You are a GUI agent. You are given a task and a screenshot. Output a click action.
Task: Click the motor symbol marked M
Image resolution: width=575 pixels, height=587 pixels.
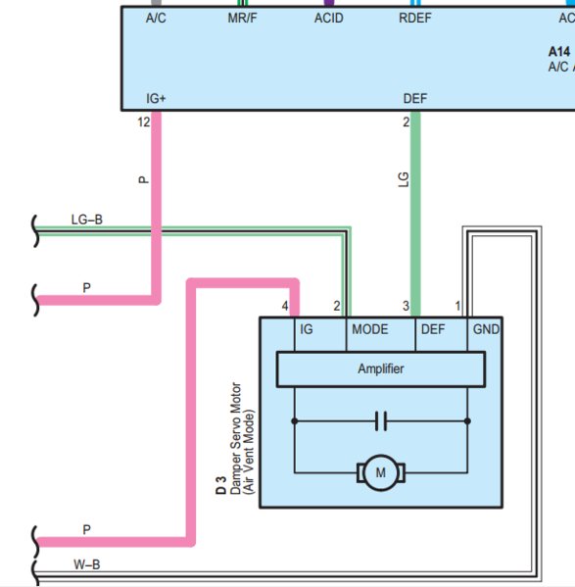(380, 472)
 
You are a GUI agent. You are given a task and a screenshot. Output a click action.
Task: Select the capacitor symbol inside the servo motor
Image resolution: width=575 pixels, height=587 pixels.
(381, 421)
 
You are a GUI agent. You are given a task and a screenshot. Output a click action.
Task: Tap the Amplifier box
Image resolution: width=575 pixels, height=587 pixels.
(381, 368)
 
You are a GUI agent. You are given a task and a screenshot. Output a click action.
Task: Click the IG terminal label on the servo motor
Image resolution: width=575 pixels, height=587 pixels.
(307, 329)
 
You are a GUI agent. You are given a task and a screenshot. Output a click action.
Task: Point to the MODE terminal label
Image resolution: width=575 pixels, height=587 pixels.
(370, 329)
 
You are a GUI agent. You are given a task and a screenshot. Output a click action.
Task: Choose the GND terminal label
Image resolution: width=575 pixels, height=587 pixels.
(486, 329)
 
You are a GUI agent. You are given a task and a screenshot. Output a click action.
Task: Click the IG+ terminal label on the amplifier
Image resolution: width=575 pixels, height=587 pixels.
(156, 98)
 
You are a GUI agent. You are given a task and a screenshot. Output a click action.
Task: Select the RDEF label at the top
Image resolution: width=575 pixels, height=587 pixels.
(415, 18)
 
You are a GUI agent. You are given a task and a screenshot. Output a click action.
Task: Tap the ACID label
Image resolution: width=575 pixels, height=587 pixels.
(328, 18)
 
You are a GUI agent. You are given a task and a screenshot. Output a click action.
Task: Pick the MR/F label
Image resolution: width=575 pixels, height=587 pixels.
(242, 18)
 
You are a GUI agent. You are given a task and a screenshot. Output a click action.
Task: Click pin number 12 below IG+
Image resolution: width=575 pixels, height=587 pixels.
(144, 122)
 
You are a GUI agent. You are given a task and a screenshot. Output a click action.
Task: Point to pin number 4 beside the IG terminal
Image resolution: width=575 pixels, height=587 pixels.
(285, 306)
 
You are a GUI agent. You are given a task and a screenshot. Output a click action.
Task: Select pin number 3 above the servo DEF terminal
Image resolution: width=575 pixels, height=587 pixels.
(406, 306)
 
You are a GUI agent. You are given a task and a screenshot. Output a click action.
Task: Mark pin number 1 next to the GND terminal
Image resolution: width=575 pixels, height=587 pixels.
(457, 306)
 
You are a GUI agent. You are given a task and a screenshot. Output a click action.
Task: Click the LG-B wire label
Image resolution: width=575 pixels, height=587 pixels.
(87, 220)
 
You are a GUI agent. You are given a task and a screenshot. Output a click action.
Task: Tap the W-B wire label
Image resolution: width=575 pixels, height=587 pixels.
(87, 564)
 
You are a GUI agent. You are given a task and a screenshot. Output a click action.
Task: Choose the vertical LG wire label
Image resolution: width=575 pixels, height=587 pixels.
(403, 179)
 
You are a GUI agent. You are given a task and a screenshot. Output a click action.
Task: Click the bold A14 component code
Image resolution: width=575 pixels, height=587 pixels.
(559, 52)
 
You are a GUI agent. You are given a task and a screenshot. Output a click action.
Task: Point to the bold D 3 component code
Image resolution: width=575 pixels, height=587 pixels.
(221, 485)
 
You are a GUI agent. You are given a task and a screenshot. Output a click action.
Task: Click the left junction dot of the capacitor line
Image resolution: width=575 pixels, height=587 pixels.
(295, 421)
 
